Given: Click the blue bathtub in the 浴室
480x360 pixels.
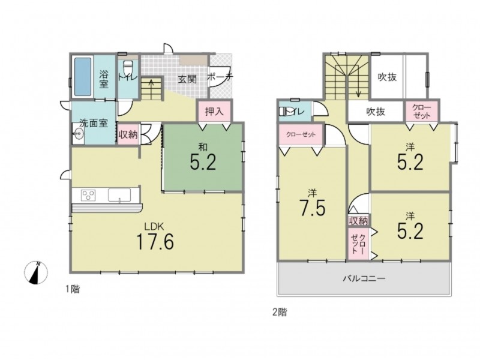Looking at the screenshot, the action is pos(83,77).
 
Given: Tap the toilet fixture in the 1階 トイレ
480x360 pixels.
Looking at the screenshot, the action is pos(127,67).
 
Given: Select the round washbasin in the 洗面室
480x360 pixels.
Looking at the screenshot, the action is pos(79,133).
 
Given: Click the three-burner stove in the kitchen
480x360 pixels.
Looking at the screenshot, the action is pos(88,196).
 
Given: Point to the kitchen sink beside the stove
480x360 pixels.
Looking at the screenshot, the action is pos(119,196).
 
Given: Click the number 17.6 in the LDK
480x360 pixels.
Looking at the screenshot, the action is pos(155,242).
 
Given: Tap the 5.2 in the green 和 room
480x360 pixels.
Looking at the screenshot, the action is pos(203,162).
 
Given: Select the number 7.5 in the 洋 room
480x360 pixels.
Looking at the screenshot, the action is pos(312,208).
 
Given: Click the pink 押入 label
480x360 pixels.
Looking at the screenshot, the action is pos(214,112).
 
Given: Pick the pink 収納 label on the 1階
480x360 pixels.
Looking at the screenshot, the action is pos(128,134).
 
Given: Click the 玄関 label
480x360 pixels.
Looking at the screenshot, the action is pos(187,79).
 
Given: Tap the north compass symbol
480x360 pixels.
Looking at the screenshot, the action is pos(36,272).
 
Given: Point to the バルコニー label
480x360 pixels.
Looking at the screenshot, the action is pos(364,278).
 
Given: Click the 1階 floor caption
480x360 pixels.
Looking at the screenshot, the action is pos(73,289).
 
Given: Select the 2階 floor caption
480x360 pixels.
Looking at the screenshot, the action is pos(280,312).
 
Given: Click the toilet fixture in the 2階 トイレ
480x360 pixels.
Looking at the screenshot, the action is pos(284,111).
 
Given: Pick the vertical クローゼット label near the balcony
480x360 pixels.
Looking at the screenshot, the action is pos(358,244).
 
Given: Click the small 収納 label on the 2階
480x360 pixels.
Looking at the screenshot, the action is pos(358,221).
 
